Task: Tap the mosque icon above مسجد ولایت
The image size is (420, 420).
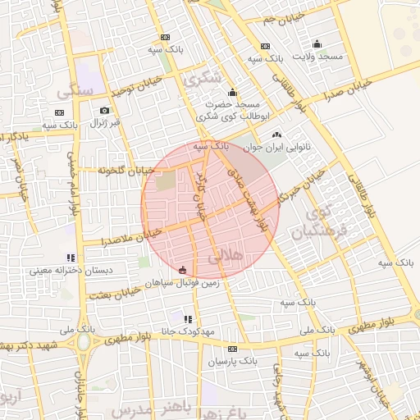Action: click(317, 43)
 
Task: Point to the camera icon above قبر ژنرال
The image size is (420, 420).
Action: click(104, 111)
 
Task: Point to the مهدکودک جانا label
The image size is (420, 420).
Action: click(189, 331)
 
